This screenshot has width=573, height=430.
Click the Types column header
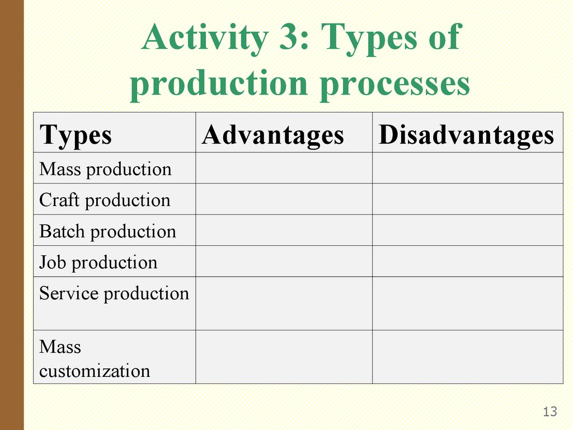[76, 135]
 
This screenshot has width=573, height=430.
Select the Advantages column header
[273, 135]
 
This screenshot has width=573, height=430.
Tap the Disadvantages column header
[466, 135]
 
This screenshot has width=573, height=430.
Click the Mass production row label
[105, 169]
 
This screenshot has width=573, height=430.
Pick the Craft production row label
[105, 200]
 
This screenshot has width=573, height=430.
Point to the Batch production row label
[107, 232]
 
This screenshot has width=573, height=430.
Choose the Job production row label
[98, 263]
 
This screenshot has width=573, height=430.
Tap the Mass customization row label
[95, 359]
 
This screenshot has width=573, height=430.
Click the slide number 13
[550, 412]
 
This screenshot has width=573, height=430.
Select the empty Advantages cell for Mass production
[284, 168]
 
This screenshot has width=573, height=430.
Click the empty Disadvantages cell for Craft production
[468, 199]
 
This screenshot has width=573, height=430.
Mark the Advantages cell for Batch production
[284, 230]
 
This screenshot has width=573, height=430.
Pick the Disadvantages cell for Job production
[468, 261]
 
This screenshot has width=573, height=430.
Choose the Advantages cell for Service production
[284, 303]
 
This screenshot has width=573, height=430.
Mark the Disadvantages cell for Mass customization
[468, 357]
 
